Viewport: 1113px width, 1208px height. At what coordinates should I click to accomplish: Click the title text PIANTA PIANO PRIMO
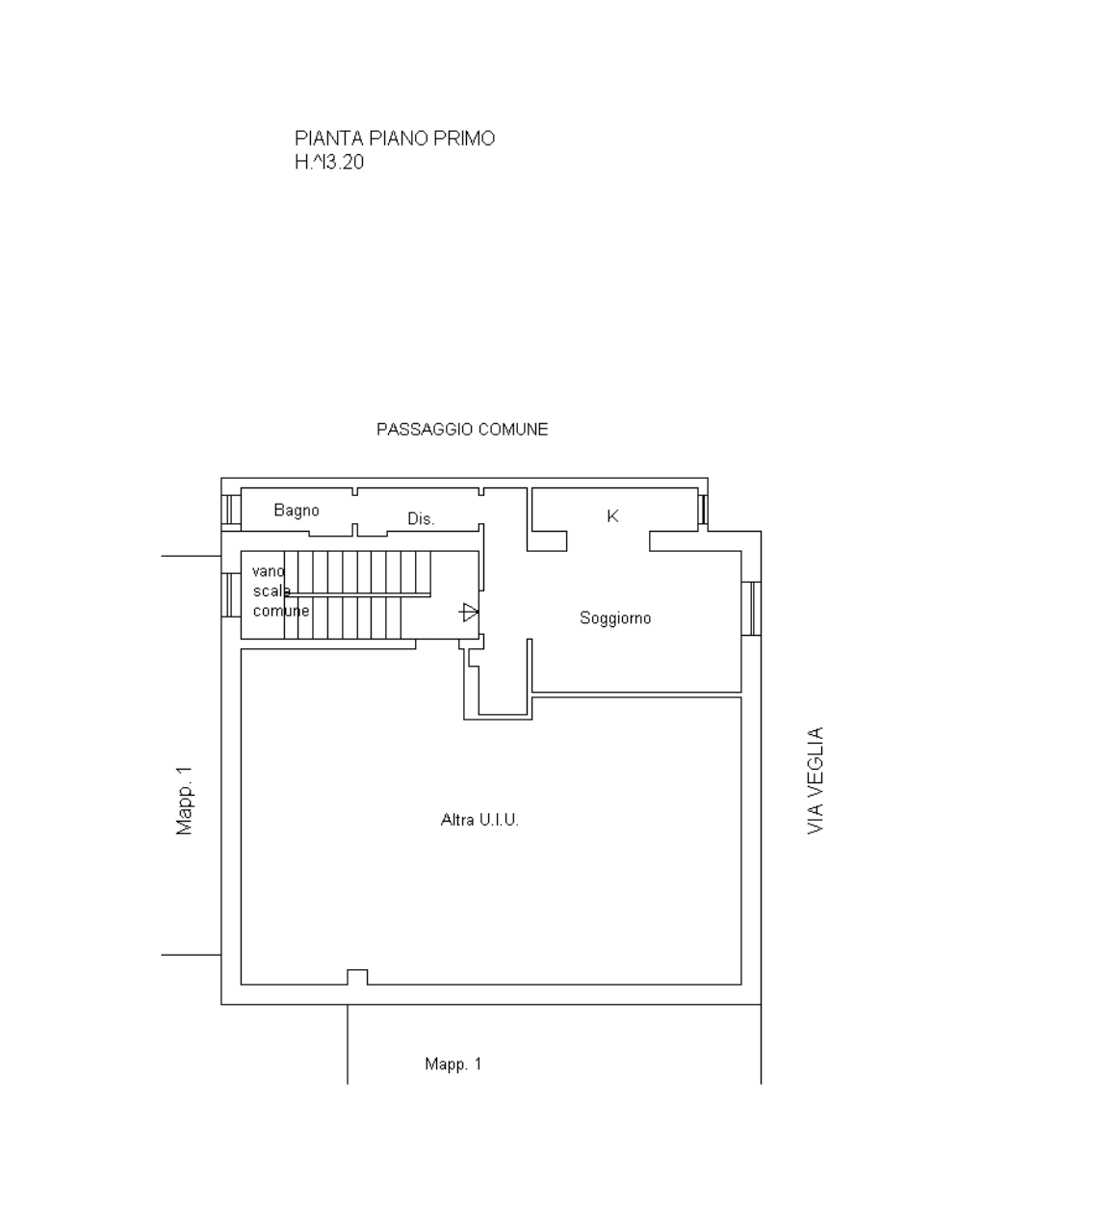(x=394, y=139)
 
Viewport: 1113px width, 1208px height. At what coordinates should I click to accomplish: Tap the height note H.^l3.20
(x=329, y=162)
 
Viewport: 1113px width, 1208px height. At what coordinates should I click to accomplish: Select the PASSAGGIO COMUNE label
(x=462, y=430)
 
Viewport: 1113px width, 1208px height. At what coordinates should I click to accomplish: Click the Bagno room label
(x=297, y=511)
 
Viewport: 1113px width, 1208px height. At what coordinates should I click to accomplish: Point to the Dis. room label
(x=421, y=519)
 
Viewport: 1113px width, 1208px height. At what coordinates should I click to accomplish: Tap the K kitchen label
(x=612, y=516)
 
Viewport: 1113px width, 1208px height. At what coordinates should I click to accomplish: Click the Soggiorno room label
(x=615, y=618)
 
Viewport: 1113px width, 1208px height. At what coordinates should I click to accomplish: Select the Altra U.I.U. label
(x=479, y=820)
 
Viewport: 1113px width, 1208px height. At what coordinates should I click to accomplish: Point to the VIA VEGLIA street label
(x=815, y=780)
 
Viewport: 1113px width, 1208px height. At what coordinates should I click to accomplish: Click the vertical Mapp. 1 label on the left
(x=184, y=801)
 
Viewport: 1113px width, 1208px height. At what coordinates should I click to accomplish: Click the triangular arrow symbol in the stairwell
(x=468, y=612)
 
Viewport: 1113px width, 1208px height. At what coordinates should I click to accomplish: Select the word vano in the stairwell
(x=269, y=571)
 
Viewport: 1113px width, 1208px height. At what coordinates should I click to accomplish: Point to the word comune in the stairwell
(x=281, y=611)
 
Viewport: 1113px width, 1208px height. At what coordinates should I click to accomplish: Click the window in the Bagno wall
(x=231, y=510)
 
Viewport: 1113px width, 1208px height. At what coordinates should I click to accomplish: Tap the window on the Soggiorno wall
(x=751, y=608)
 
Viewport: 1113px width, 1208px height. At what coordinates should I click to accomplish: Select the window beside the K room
(x=703, y=510)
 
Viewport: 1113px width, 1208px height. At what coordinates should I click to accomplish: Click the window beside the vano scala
(x=231, y=595)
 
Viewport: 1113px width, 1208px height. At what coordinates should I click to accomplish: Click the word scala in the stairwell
(x=272, y=591)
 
